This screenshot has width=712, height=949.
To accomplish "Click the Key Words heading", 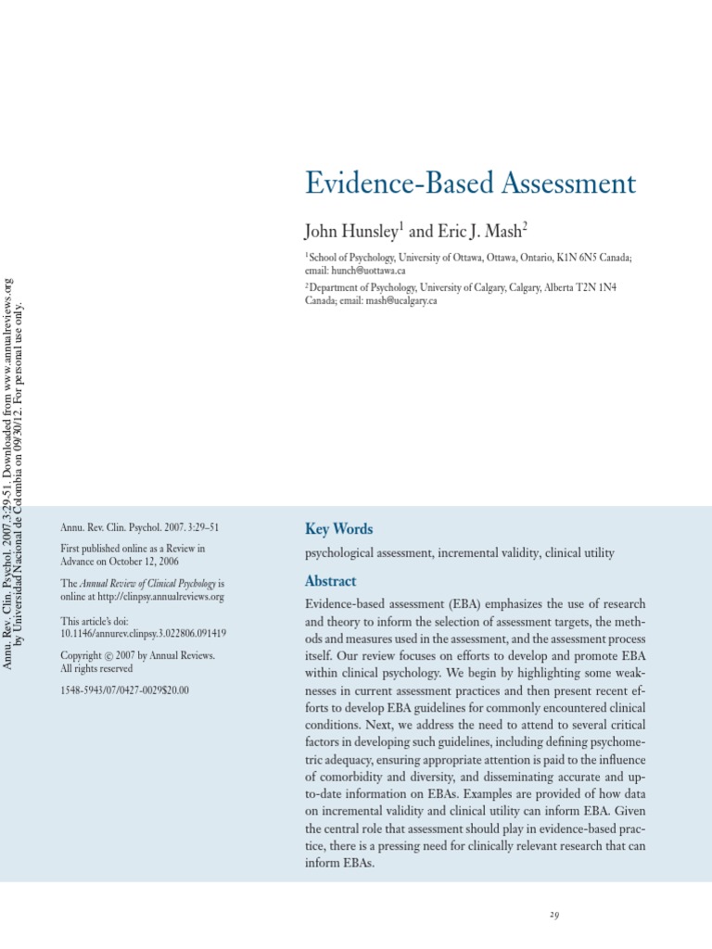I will [338, 529].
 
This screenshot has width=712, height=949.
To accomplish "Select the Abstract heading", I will [330, 581].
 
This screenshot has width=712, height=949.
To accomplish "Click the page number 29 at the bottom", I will [553, 916].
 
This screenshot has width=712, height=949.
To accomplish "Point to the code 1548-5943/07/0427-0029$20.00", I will [124, 690].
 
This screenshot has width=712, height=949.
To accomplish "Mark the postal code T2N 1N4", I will [594, 288].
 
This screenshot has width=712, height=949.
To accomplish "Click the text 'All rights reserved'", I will [96, 668].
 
